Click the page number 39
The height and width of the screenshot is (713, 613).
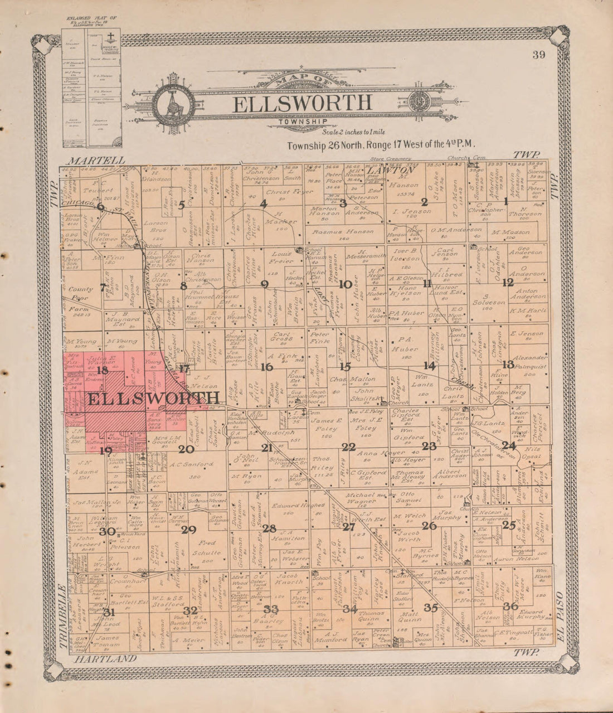(538, 54)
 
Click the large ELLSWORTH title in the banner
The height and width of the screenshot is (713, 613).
(302, 103)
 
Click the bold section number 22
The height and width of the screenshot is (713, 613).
(349, 446)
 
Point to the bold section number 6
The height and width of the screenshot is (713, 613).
(100, 206)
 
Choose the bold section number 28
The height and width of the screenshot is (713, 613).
(270, 528)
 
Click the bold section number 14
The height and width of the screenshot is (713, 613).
(429, 366)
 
